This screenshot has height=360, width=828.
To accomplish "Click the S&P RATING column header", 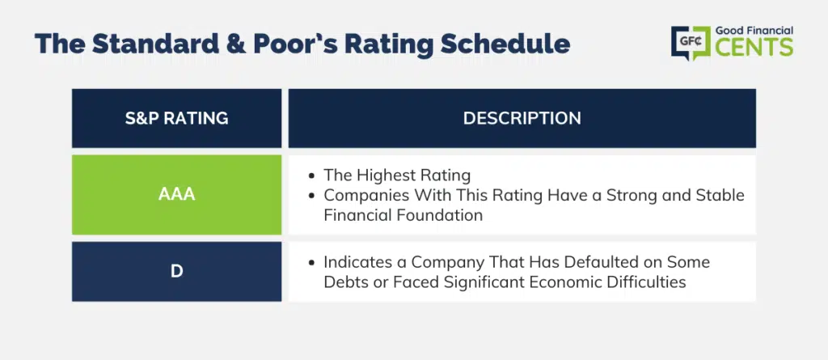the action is (176, 118).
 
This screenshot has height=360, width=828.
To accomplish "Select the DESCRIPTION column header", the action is (522, 118).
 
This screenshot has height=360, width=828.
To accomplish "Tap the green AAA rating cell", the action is (176, 194).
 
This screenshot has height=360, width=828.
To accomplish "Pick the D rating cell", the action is (176, 272).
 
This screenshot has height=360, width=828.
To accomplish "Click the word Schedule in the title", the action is (505, 44).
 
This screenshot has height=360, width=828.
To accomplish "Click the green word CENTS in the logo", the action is (754, 48).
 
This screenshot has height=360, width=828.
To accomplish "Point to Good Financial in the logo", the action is (754, 31).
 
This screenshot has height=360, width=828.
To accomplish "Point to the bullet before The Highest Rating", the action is (313, 175).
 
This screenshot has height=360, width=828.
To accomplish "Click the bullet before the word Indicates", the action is (313, 262).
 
